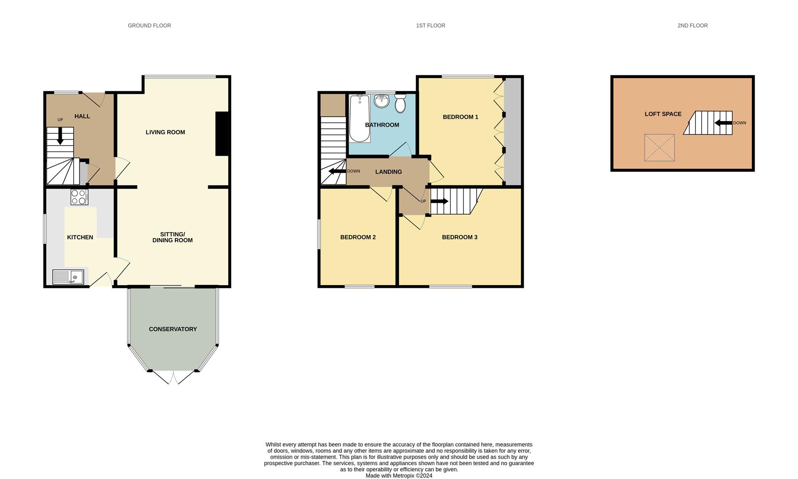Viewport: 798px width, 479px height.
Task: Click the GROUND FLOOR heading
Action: point(149,26)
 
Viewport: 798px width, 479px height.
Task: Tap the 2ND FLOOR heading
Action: point(692,26)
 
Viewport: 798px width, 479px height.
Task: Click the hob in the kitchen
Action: point(79,197)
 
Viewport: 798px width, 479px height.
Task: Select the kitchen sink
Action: point(68,277)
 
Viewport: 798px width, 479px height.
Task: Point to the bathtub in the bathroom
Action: point(359,118)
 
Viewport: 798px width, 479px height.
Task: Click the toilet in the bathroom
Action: point(400,103)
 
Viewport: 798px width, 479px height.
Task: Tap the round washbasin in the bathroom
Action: point(381,101)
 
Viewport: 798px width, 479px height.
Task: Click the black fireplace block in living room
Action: point(222,133)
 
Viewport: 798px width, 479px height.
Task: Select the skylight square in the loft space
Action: point(659,148)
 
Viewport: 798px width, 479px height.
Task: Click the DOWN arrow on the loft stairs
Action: point(723,123)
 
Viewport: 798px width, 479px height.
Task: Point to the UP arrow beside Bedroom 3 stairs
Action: point(439,201)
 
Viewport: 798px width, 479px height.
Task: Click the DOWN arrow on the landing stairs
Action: point(337,171)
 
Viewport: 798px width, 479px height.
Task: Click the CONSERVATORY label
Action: point(173,329)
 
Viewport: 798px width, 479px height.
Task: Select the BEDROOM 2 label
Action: point(358,237)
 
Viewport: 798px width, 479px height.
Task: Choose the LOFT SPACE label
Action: point(663,114)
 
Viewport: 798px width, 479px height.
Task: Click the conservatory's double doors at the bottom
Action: point(173,377)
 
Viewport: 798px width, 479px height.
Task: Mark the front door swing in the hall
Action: point(96,98)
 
